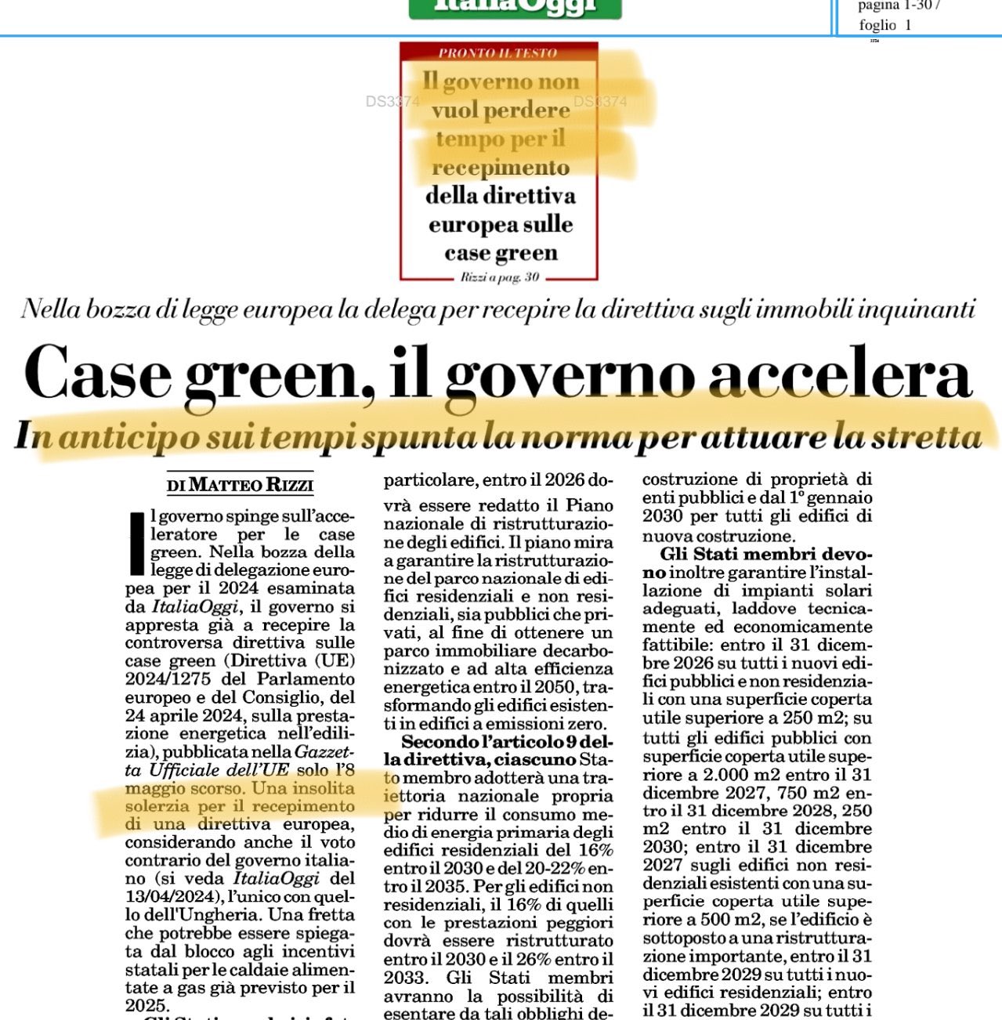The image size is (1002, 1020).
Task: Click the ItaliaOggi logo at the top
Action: tap(515, 7)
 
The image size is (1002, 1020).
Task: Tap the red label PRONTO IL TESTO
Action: tap(497, 53)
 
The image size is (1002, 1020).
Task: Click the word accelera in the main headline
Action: tap(840, 374)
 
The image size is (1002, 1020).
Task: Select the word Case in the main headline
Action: tap(98, 374)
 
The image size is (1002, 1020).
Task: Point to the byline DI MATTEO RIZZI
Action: tap(240, 485)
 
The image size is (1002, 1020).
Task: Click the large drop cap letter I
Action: tap(136, 543)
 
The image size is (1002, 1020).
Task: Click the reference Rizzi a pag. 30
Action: tap(500, 277)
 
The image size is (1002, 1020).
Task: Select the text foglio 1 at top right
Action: tap(884, 25)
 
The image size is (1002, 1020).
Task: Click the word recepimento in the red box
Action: tap(500, 168)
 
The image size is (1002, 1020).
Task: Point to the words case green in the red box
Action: tap(501, 253)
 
